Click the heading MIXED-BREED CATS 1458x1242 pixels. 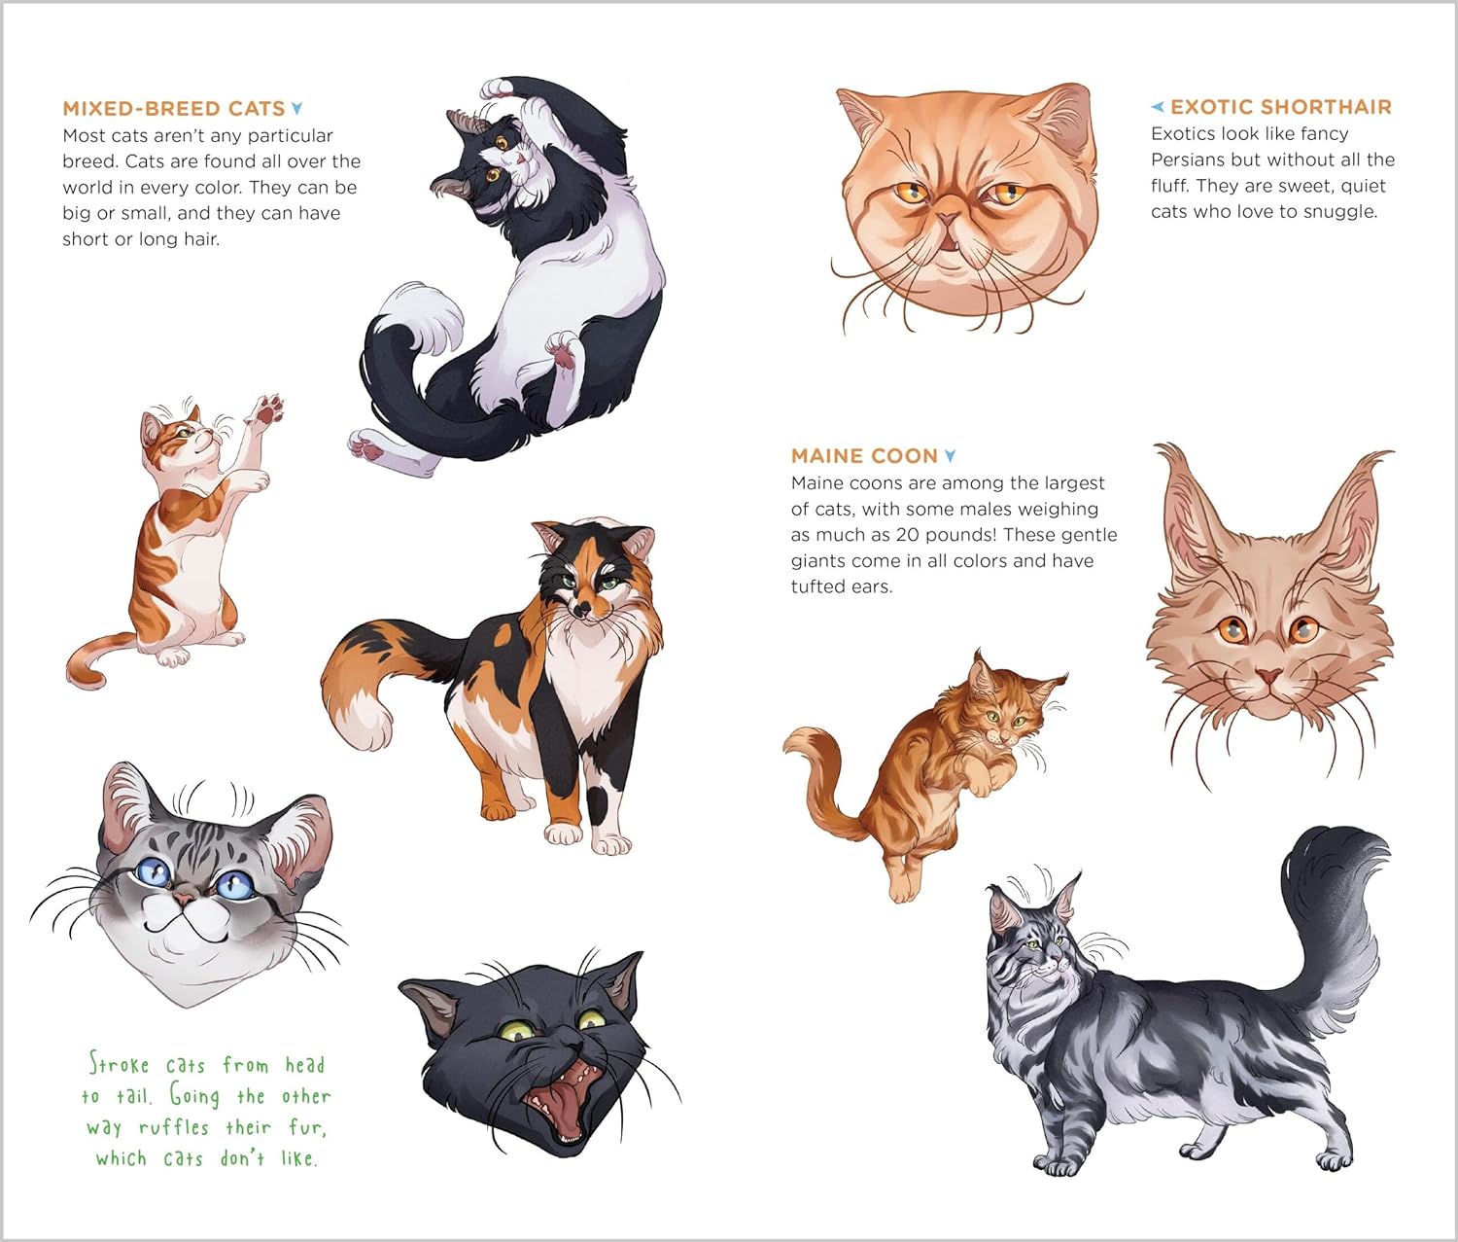[174, 109]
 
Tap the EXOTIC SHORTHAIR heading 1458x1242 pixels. [1281, 107]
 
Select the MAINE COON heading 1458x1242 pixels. [864, 456]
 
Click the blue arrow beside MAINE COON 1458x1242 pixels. [951, 456]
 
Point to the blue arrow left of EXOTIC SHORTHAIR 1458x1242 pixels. [1158, 107]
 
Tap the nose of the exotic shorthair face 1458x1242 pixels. [949, 220]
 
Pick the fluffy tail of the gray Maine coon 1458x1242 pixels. [1326, 910]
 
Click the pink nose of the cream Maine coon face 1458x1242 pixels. [1269, 677]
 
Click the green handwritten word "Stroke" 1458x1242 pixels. [120, 1063]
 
